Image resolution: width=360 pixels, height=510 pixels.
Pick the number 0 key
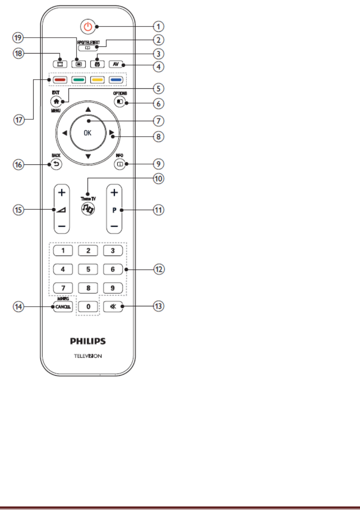point(89,306)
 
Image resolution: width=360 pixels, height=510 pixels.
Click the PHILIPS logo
point(88,340)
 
